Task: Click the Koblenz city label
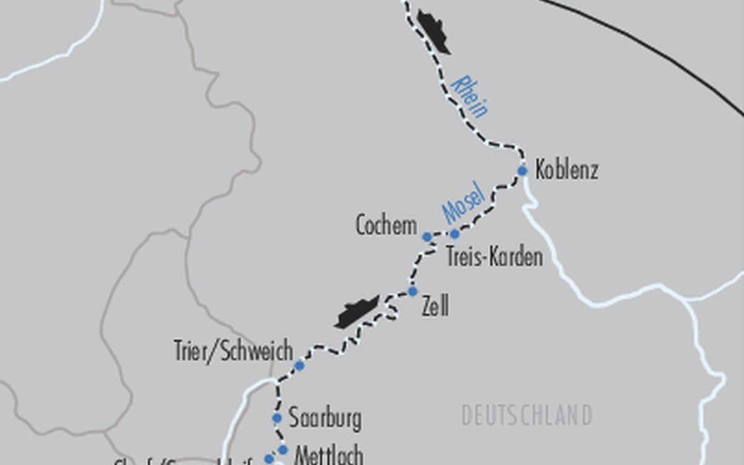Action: [566, 170]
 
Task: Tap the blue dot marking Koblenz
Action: [522, 171]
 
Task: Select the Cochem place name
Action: [386, 225]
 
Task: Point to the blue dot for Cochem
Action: [427, 237]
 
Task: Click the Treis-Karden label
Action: [494, 257]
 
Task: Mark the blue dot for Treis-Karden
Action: [454, 234]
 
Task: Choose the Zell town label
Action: [435, 306]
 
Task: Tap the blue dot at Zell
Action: [412, 291]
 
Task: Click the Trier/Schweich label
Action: [233, 352]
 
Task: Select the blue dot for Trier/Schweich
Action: [299, 366]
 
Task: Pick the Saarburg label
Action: [325, 418]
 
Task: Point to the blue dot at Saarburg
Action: [277, 418]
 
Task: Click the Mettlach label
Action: [328, 456]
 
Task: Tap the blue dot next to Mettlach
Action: [283, 449]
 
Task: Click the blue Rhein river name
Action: [470, 96]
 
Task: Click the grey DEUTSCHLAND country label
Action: [526, 415]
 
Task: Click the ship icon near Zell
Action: [356, 311]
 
